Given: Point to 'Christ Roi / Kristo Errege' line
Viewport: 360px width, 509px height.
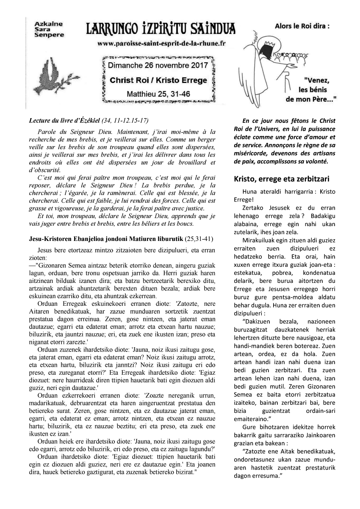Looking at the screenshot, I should pos(158,80).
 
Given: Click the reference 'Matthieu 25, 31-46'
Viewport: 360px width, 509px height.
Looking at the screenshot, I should pos(158,93).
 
